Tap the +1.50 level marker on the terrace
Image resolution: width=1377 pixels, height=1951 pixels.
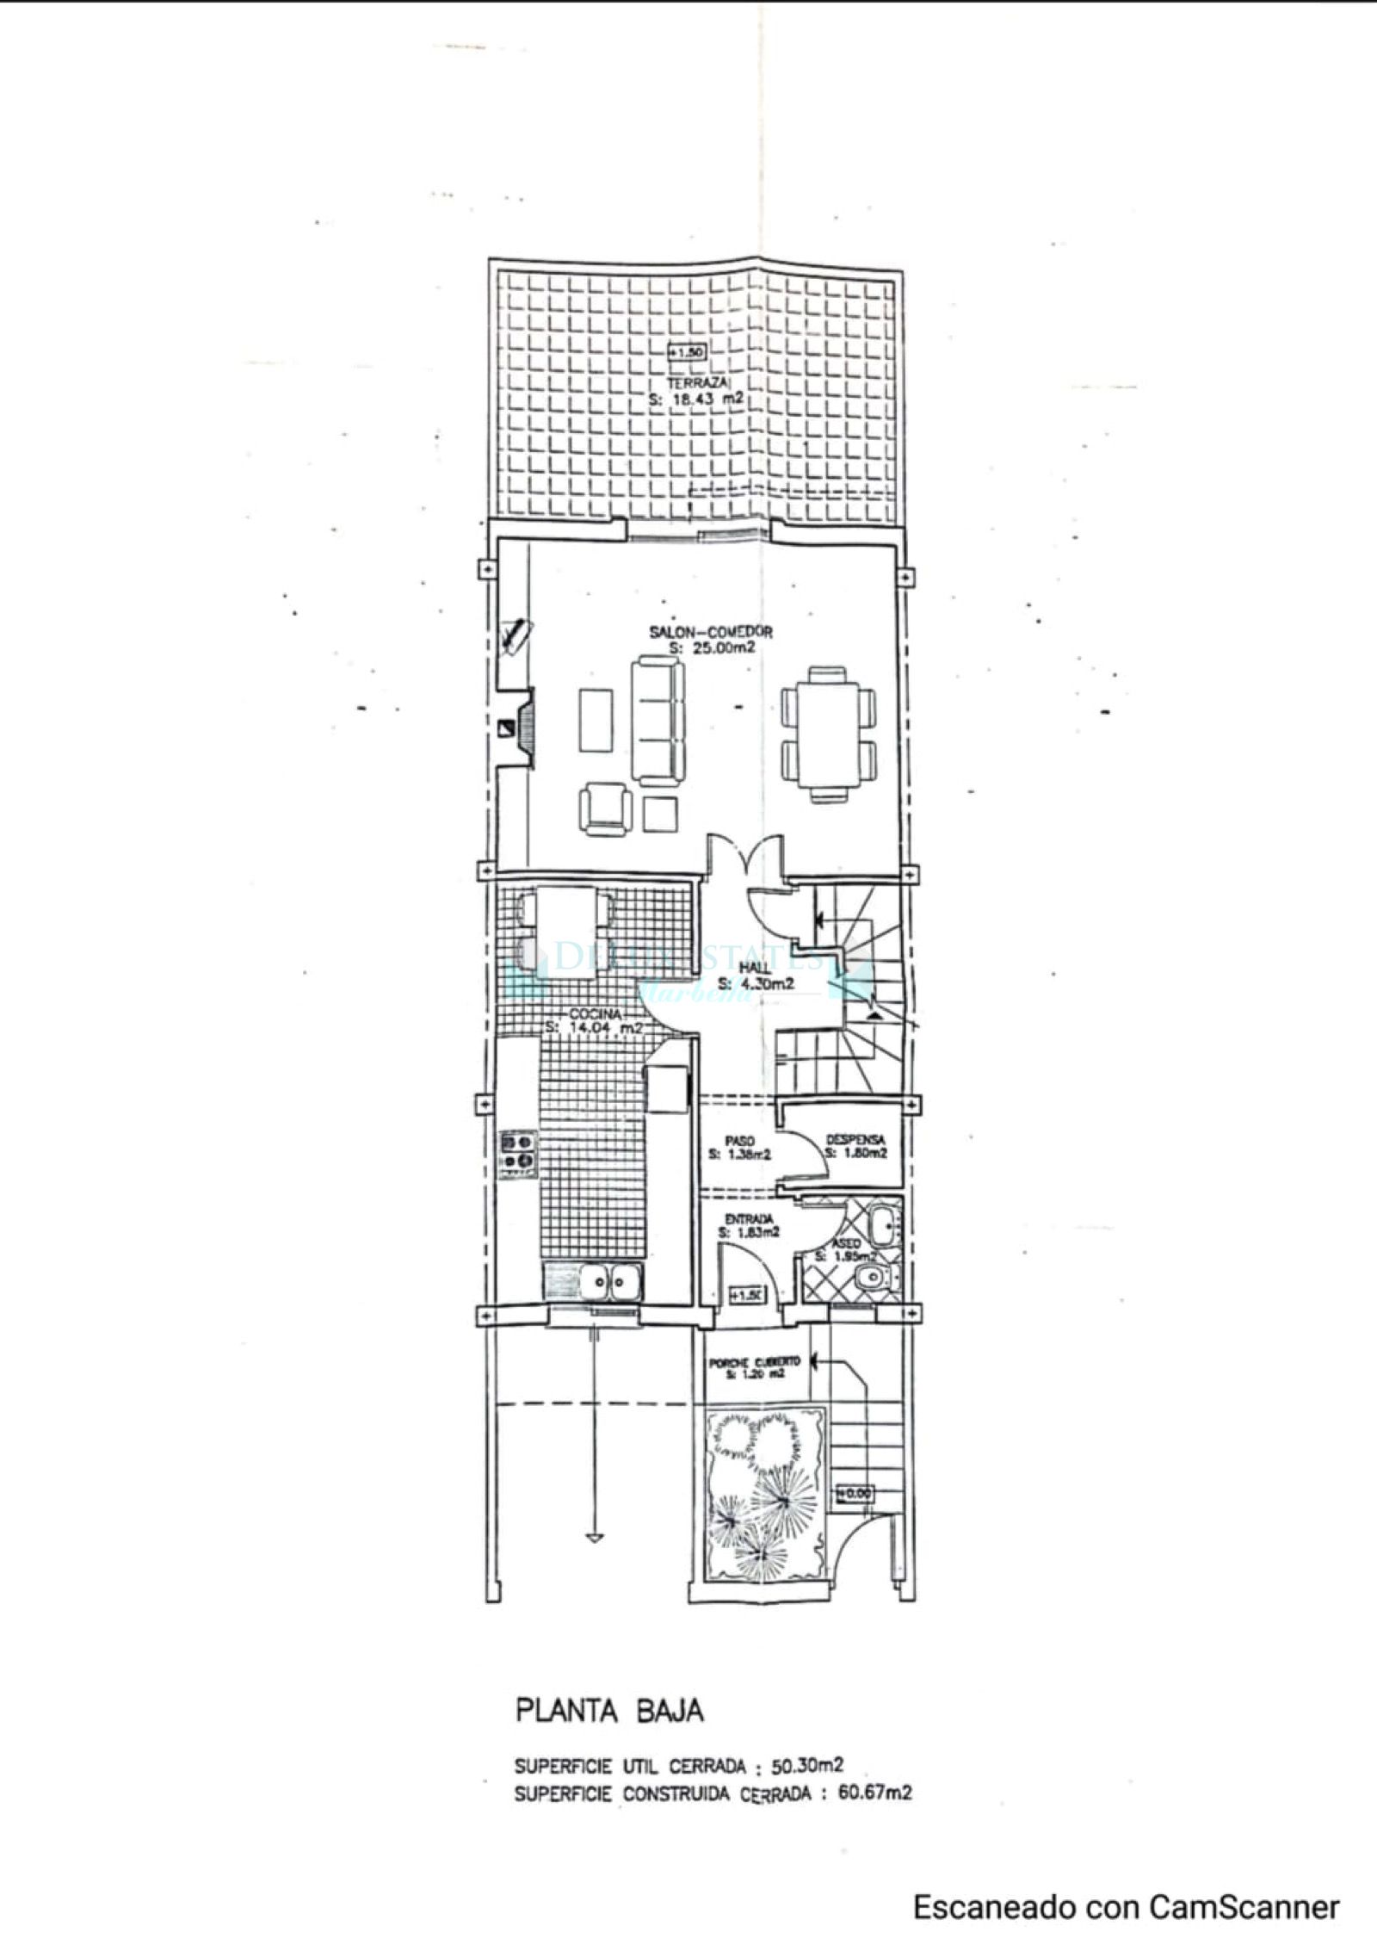point(688,352)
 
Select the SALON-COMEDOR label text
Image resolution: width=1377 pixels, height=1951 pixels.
point(710,632)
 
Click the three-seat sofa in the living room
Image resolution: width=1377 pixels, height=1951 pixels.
point(658,719)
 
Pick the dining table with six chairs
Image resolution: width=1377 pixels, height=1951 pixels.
point(829,734)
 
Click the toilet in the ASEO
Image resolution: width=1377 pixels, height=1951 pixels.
point(874,1277)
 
